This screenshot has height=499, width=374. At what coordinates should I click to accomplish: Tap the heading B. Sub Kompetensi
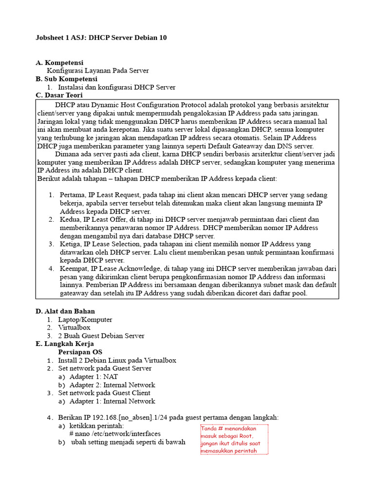pyautogui.click(x=66, y=79)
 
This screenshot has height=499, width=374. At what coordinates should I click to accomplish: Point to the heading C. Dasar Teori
pyautogui.click(x=59, y=96)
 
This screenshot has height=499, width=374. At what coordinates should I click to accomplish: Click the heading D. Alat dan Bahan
pyautogui.click(x=65, y=311)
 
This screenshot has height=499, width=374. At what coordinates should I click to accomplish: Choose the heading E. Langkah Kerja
pyautogui.click(x=64, y=344)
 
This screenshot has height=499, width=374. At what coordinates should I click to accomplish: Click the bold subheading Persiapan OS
pyautogui.click(x=80, y=352)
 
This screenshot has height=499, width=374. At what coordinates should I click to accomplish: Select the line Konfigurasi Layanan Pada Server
pyautogui.click(x=97, y=71)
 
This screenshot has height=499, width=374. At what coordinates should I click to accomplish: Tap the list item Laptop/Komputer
pyautogui.click(x=85, y=320)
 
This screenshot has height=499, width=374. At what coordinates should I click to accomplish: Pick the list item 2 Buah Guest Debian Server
pyautogui.click(x=101, y=336)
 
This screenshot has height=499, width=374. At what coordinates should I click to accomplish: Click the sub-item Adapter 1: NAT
pyautogui.click(x=93, y=377)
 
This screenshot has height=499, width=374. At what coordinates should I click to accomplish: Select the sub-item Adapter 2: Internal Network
pyautogui.click(x=112, y=385)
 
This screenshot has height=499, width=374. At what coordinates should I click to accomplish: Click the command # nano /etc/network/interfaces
pyautogui.click(x=115, y=434)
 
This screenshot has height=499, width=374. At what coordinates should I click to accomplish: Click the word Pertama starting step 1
pyautogui.click(x=73, y=195)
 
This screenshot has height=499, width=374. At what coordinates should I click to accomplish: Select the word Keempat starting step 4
pyautogui.click(x=74, y=269)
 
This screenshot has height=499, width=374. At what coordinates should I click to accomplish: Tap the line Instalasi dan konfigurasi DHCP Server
pyautogui.click(x=117, y=87)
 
